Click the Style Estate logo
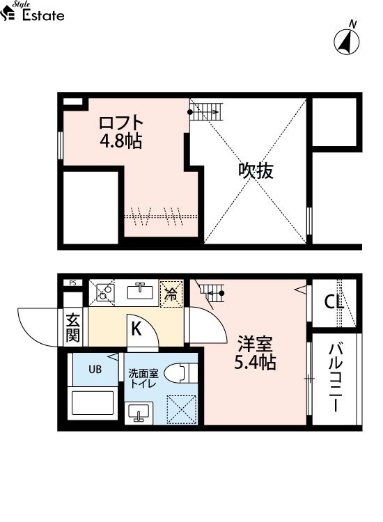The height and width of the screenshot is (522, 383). pyautogui.click(x=32, y=11)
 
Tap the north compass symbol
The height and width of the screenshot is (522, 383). pyautogui.click(x=347, y=39)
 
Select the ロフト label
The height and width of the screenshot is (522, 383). pyautogui.click(x=121, y=122)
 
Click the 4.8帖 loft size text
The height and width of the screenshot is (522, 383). pyautogui.click(x=121, y=141)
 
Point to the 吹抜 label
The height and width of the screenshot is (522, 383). pyautogui.click(x=256, y=171)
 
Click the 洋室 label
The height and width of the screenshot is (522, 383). pyautogui.click(x=256, y=344)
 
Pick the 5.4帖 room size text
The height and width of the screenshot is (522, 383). pyautogui.click(x=256, y=362)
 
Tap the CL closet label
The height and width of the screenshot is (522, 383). pyautogui.click(x=334, y=302)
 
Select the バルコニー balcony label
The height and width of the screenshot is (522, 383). pyautogui.click(x=336, y=378)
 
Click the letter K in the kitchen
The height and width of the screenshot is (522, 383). pyautogui.click(x=136, y=329)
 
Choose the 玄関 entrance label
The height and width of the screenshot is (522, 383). pyautogui.click(x=73, y=328)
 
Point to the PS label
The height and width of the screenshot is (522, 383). pyautogui.click(x=73, y=283)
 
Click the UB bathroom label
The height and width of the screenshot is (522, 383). pyautogui.click(x=95, y=369)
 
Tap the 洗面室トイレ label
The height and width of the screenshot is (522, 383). pyautogui.click(x=143, y=379)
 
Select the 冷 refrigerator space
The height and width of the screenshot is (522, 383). pyautogui.click(x=171, y=294)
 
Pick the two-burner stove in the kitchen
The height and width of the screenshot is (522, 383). pyautogui.click(x=105, y=292)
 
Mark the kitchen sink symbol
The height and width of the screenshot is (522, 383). pyautogui.click(x=140, y=292)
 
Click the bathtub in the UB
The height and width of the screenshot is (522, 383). pyautogui.click(x=93, y=403)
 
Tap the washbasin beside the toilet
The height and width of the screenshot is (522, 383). pyautogui.click(x=139, y=413)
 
